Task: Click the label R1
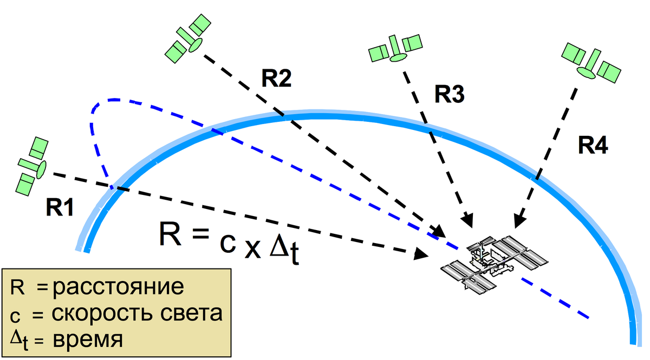pyautogui.click(x=59, y=208)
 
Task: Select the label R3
pyautogui.click(x=449, y=95)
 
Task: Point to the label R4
pyautogui.click(x=593, y=145)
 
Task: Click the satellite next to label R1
pyautogui.click(x=33, y=165)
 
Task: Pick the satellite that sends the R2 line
pyautogui.click(x=187, y=38)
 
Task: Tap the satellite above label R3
pyautogui.click(x=395, y=48)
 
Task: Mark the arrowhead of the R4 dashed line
pyautogui.click(x=518, y=220)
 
